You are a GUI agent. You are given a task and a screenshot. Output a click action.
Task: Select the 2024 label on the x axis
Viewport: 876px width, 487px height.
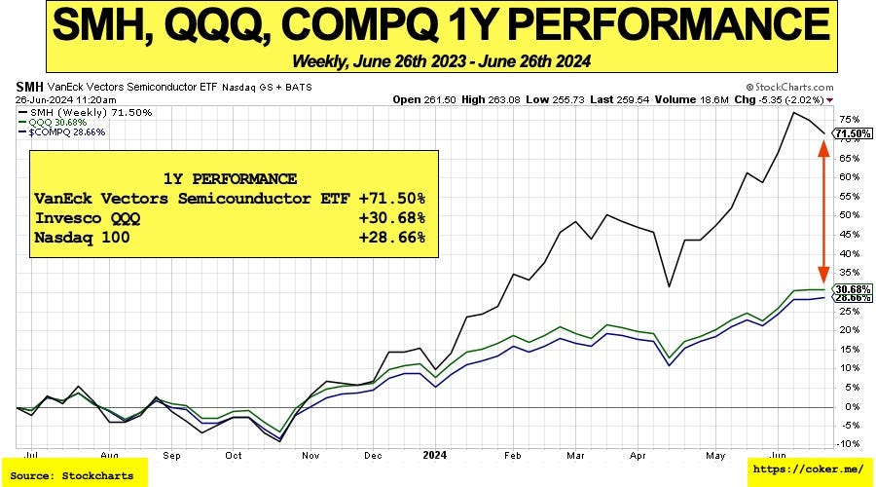434,454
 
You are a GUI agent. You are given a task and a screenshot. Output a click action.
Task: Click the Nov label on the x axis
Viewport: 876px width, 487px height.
309,454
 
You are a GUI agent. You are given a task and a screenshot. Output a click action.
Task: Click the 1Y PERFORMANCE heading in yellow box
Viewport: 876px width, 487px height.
231,178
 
